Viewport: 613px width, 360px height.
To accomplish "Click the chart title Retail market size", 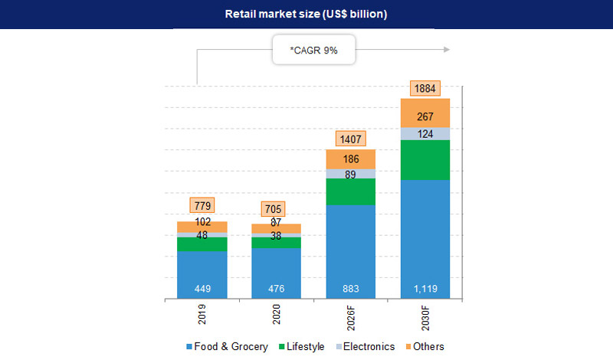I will point(306,15).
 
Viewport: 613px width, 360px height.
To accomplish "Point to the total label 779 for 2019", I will point(202,205).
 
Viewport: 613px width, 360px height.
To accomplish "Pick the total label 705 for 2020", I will point(274,209).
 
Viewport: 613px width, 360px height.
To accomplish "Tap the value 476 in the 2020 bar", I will point(276,289).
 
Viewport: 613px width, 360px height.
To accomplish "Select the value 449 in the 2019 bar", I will point(202,289).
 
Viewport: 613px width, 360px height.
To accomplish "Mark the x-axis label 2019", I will point(202,316).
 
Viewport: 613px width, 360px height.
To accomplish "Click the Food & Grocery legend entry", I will point(227,347).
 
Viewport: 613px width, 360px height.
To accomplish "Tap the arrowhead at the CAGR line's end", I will point(446,50).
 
